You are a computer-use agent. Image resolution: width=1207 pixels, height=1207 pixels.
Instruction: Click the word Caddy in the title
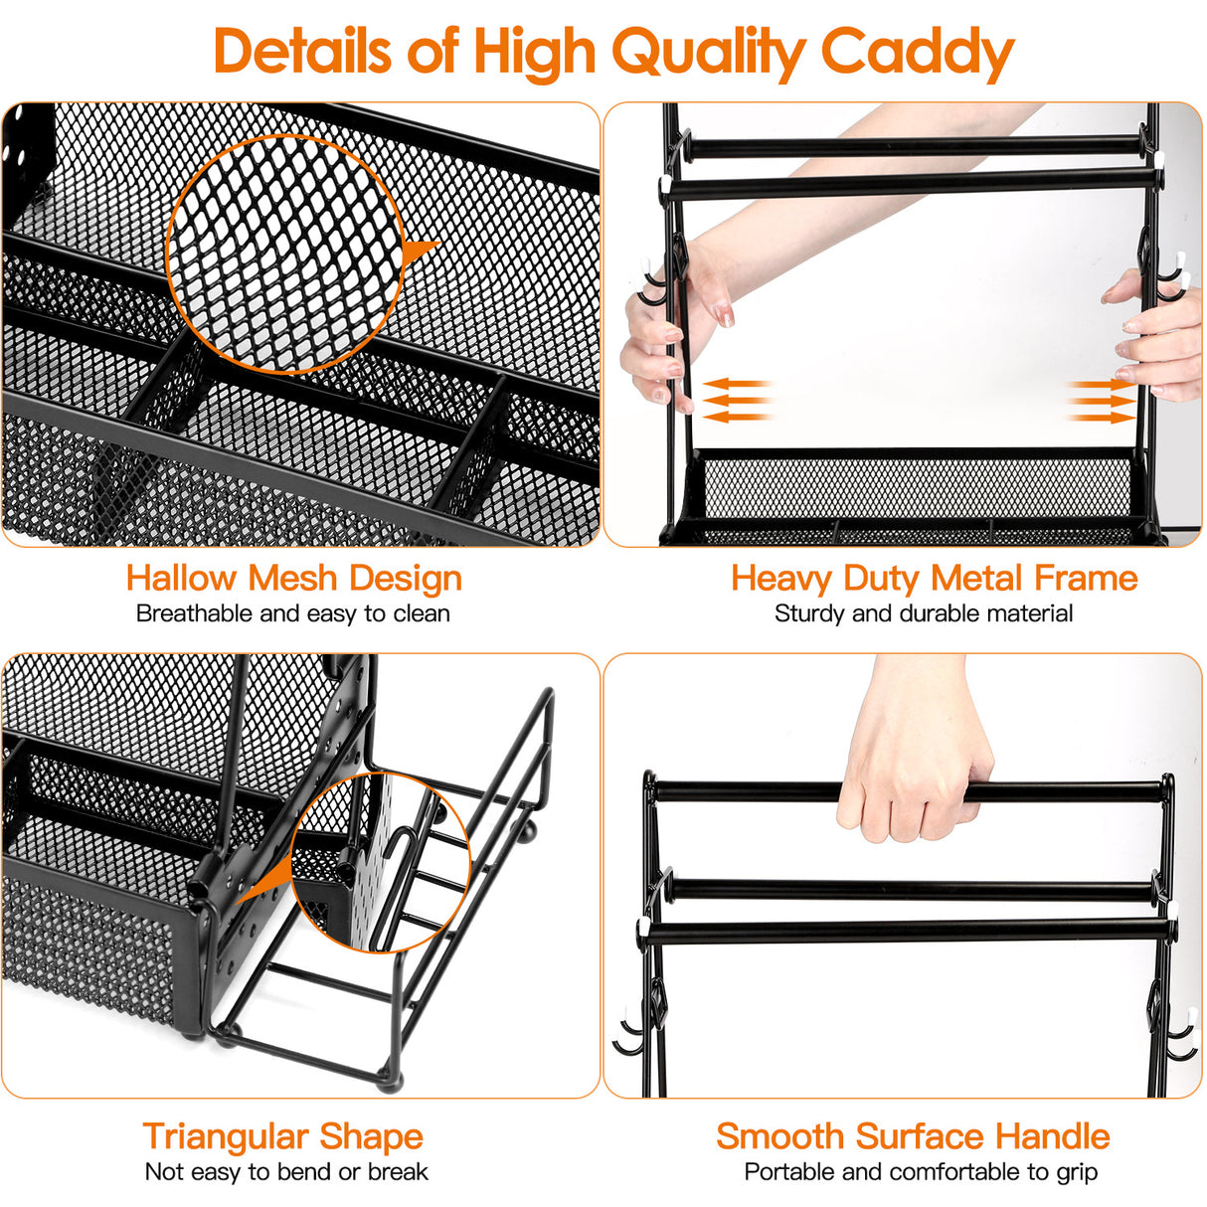(917, 52)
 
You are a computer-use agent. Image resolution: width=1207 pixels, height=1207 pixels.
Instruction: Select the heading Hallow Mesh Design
(294, 578)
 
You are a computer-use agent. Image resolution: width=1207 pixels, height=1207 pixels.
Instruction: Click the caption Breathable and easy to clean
(293, 613)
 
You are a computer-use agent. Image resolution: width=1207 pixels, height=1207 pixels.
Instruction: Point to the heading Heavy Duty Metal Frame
(934, 578)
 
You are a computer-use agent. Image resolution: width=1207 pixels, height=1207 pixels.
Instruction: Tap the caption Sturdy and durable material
(924, 613)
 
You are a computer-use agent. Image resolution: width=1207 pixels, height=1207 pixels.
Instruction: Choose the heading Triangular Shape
(282, 1135)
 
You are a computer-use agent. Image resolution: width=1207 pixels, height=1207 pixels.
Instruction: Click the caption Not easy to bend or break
(286, 1172)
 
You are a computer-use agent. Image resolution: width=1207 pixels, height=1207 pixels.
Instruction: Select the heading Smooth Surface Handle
(913, 1135)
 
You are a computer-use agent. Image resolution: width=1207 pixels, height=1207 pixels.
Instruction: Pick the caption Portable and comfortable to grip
(921, 1172)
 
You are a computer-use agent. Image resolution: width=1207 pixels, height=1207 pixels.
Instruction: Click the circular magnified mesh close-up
(285, 255)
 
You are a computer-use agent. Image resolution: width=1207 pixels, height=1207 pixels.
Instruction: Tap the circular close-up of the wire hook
(382, 862)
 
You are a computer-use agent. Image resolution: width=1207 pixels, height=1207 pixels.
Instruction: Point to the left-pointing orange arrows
(736, 400)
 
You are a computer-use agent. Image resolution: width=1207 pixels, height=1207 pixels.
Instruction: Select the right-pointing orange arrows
(1102, 400)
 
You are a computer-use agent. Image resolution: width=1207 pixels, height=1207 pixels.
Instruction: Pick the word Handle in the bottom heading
(1053, 1135)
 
